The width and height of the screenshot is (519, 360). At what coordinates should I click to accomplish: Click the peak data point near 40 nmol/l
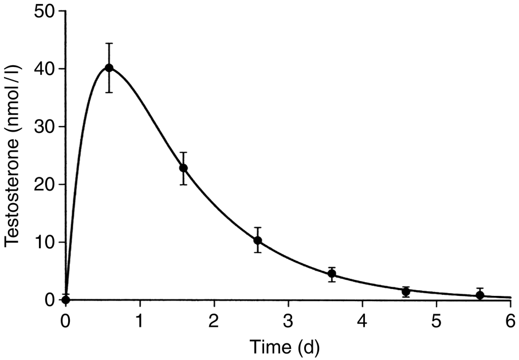[109, 68]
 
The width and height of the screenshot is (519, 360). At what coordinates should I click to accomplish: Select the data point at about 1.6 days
[183, 168]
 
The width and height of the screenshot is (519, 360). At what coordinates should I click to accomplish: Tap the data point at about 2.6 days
[258, 240]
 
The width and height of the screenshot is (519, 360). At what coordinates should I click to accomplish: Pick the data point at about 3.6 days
[332, 274]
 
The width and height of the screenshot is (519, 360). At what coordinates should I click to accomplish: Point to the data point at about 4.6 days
[406, 291]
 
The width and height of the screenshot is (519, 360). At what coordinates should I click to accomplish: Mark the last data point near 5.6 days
[480, 295]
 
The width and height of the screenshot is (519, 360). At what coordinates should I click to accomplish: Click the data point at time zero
[66, 299]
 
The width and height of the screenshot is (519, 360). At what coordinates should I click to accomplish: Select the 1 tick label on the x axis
[140, 318]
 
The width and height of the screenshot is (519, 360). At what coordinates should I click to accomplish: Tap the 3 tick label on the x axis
[288, 318]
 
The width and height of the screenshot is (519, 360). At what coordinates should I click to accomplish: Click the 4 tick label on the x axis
[362, 318]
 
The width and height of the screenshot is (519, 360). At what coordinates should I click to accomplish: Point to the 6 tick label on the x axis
[510, 318]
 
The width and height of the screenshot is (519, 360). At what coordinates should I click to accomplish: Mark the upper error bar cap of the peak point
[109, 43]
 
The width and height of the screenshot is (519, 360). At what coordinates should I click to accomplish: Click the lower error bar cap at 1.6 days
[183, 184]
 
